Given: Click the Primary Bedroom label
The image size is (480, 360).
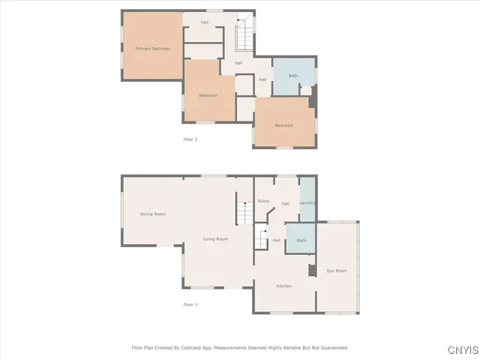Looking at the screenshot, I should (x=152, y=49).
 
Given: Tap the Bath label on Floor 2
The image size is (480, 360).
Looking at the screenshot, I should (x=293, y=76).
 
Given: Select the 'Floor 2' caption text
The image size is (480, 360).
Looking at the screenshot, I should (x=190, y=139).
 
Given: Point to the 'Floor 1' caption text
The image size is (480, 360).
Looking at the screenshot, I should (x=190, y=304).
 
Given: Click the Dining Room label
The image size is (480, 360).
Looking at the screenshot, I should (x=152, y=214).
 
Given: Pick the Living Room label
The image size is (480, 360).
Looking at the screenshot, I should (x=216, y=239).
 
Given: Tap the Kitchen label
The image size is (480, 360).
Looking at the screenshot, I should (x=283, y=286).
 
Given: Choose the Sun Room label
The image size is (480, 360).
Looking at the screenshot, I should (x=337, y=270).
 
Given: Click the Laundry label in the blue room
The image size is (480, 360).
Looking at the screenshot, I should (x=307, y=203).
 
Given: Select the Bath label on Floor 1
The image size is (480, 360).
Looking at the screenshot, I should (x=301, y=241).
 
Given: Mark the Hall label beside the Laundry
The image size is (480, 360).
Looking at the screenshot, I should (x=286, y=203).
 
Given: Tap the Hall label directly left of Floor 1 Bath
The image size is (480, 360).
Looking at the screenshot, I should (x=277, y=240).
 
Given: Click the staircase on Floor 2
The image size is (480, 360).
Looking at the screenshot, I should (x=244, y=34).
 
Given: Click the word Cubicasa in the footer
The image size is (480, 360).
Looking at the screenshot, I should (x=191, y=348).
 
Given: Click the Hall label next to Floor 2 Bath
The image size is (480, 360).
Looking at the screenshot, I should (x=262, y=79).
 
